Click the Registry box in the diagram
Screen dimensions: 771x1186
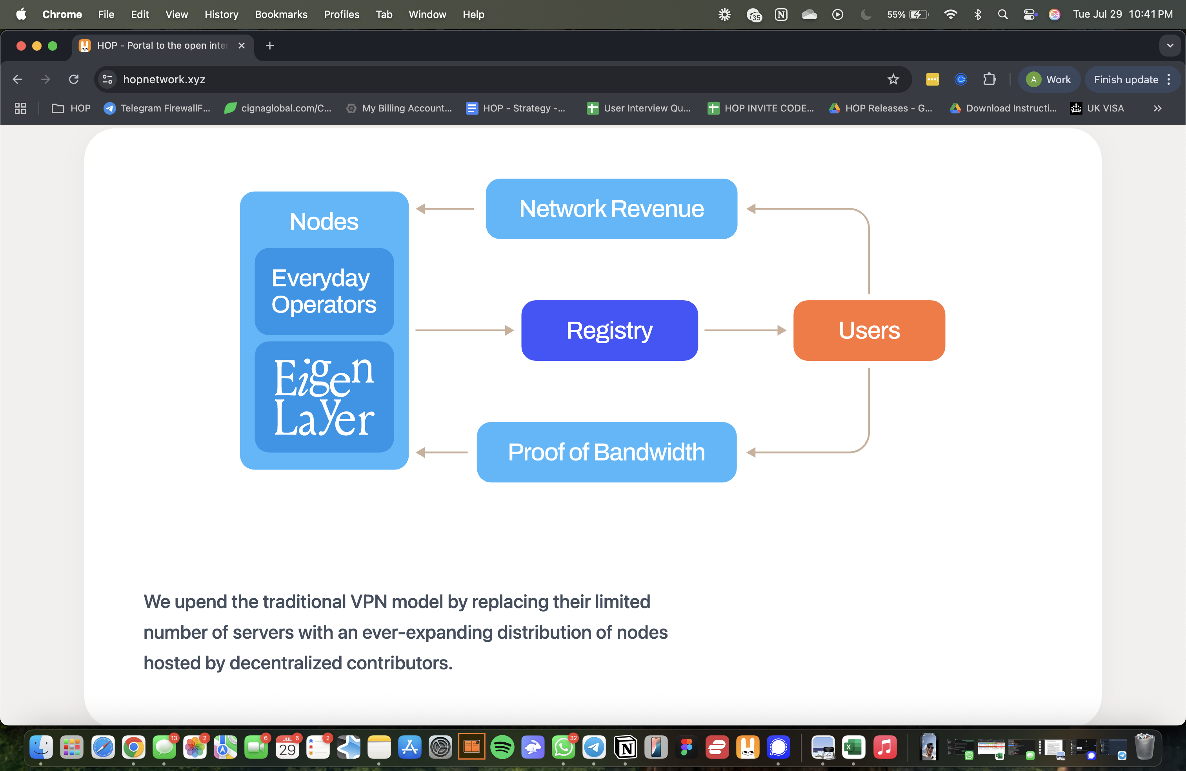609,330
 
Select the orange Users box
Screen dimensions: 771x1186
869,330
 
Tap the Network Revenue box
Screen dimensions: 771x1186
611,208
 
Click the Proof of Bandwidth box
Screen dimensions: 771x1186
606,452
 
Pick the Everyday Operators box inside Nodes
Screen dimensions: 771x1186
324,291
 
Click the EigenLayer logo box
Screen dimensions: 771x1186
324,397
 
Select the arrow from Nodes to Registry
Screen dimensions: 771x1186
464,330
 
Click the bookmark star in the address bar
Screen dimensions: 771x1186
893,79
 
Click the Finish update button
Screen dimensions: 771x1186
1125,79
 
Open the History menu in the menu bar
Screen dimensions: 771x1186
221,15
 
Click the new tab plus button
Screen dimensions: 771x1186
269,46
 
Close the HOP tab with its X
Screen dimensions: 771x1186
242,46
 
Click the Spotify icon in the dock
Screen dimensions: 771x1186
502,747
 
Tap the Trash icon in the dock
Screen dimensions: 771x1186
1144,747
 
